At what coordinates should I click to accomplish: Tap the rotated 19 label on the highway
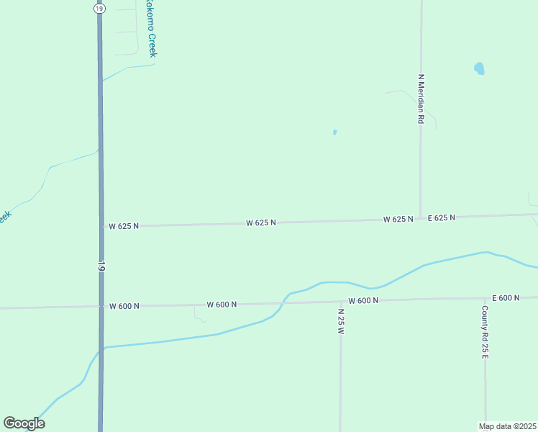point(101,266)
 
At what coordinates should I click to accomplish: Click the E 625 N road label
point(442,217)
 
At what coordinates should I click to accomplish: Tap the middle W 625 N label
point(260,223)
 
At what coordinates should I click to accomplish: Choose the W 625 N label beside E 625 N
point(398,219)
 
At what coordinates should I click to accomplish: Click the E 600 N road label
point(506,297)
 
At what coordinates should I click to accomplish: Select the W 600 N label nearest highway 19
point(124,306)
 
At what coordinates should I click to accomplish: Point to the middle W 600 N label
point(222,305)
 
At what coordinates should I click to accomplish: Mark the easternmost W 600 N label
point(363,300)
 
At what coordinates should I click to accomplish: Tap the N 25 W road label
point(341,321)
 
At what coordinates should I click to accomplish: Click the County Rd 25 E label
point(485,333)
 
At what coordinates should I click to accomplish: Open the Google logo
point(24,423)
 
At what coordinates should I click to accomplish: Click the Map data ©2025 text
point(507,426)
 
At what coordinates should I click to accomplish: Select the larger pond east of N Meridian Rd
point(479,69)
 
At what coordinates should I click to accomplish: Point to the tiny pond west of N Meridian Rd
point(334,132)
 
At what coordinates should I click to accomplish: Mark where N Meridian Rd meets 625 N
point(421,218)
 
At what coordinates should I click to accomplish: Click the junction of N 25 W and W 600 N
point(340,301)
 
